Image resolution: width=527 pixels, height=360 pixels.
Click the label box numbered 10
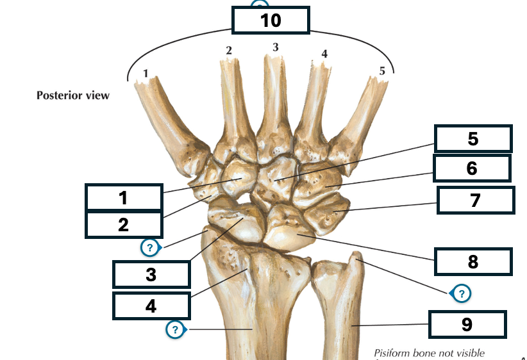tap(271, 20)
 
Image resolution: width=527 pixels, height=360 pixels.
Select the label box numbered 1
tap(124, 197)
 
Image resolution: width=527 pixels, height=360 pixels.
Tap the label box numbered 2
tap(124, 225)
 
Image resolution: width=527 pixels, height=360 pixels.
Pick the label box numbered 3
tap(151, 275)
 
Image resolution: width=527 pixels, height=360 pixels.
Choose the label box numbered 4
tap(151, 306)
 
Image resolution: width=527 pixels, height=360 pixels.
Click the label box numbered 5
tap(473, 139)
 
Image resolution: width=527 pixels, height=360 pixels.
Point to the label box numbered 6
tap(473, 168)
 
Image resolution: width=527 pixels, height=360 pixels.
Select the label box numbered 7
tap(476, 200)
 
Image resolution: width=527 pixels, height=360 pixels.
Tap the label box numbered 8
tap(473, 261)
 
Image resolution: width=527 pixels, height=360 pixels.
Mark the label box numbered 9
tap(467, 324)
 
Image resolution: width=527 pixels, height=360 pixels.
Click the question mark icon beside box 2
tap(150, 248)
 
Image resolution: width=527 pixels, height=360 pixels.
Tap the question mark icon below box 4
tap(176, 329)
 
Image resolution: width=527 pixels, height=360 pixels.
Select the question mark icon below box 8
tap(461, 293)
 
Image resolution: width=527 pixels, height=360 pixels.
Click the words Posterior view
tap(73, 95)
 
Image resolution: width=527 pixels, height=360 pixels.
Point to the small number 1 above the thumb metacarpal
tap(146, 73)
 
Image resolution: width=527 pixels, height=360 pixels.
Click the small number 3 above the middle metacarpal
tap(276, 47)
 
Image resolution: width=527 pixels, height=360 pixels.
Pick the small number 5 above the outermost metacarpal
tap(382, 71)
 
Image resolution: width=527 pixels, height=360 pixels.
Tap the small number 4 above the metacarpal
tap(324, 54)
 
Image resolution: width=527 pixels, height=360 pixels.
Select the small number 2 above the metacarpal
tap(229, 51)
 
